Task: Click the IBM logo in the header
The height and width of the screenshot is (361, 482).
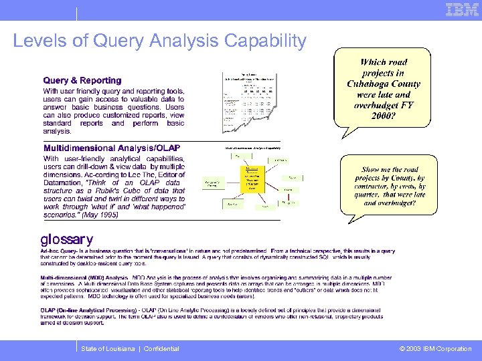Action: pos(462,10)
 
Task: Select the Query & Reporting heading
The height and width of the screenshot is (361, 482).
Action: pos(82,80)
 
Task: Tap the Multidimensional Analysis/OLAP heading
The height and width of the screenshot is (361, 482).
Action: pos(112,148)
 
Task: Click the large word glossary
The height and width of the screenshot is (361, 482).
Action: pos(67,239)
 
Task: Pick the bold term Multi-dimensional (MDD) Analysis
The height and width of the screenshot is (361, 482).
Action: pos(84,276)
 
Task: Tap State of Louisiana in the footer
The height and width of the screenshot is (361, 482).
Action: pos(107,349)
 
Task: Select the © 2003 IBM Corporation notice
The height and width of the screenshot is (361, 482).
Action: pos(436,349)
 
